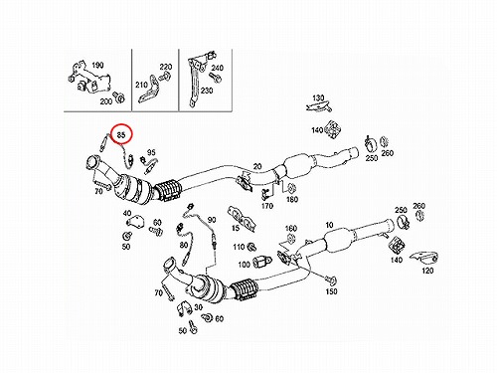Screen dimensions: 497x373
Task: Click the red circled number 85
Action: (121, 134)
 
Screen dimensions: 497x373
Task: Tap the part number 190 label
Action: (97, 65)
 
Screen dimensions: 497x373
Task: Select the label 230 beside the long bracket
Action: (207, 91)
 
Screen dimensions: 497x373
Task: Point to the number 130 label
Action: (318, 97)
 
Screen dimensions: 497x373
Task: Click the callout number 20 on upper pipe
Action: (257, 166)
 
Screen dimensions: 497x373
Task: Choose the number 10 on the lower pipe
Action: (329, 225)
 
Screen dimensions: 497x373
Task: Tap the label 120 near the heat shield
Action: (427, 271)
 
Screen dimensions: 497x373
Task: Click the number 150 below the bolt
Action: (331, 291)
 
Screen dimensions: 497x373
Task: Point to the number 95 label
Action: (151, 152)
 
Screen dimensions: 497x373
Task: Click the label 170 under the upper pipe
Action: (267, 206)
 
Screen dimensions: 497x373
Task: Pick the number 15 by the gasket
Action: (236, 228)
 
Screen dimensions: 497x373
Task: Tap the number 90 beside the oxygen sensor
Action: (212, 220)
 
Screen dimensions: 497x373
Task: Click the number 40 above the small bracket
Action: (127, 213)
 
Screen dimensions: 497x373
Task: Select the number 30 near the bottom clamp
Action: (198, 307)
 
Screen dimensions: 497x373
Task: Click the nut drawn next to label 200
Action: (119, 96)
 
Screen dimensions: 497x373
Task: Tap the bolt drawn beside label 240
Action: (215, 78)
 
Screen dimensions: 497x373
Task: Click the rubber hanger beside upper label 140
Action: (333, 130)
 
